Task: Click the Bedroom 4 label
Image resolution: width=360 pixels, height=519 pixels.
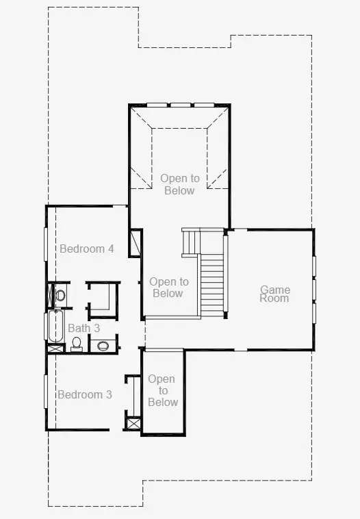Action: pos(87,249)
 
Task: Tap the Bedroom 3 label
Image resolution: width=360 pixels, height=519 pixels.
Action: pos(85,394)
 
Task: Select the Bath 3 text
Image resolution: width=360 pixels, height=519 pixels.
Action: pos(83,328)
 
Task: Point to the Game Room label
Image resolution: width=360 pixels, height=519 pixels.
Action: pos(274,294)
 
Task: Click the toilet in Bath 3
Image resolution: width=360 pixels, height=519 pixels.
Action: pos(77,344)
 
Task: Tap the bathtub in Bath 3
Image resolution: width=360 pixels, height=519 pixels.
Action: pos(55,326)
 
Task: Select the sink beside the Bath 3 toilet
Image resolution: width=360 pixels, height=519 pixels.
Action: pos(103,346)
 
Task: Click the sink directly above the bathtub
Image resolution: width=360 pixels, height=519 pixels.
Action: pos(60,294)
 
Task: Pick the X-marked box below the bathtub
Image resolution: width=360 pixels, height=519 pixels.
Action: pos(55,349)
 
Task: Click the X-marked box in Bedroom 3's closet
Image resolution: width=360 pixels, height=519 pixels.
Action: pos(133,424)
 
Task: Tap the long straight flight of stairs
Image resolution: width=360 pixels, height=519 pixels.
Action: pos(212,286)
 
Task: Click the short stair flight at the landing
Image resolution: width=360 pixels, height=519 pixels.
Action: pos(191,242)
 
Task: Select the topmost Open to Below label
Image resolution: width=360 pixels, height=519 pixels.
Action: pos(180,184)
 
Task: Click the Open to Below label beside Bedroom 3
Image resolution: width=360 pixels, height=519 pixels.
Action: pos(162,390)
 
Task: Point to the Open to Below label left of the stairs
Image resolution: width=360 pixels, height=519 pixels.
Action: pos(169,288)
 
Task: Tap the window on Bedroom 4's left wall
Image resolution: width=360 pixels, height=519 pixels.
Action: pos(46,244)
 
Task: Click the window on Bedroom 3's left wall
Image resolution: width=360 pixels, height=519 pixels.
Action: pos(46,392)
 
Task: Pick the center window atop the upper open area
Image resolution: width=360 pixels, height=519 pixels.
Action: pos(181,105)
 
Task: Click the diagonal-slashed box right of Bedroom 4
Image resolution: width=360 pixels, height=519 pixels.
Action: pos(135,242)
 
